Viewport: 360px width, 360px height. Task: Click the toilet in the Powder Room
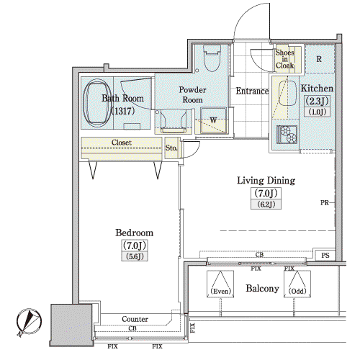click(212, 58)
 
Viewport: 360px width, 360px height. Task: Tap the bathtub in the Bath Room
click(97, 104)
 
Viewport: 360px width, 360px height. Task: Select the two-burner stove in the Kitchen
click(287, 135)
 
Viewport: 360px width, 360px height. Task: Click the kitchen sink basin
click(287, 94)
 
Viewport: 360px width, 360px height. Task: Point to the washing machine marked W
click(213, 120)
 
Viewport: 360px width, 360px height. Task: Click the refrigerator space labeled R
click(320, 59)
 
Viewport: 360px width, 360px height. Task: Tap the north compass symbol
click(29, 322)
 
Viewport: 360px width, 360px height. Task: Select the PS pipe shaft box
click(325, 256)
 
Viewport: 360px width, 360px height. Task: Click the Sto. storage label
click(171, 148)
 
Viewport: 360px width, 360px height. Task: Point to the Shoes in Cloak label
click(285, 59)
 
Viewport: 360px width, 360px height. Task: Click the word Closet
click(122, 143)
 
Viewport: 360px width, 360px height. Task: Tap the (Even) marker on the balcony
click(220, 291)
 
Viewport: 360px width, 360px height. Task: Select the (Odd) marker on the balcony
click(297, 291)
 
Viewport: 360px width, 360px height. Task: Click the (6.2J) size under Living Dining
click(266, 204)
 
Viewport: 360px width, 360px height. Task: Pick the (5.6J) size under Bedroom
click(135, 256)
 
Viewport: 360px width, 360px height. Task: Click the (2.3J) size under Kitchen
click(317, 101)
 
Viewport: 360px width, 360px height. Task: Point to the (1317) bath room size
click(122, 111)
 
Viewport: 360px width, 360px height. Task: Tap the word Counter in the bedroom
click(135, 319)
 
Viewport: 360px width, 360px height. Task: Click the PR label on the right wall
click(324, 203)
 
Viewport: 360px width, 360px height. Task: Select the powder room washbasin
click(174, 120)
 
